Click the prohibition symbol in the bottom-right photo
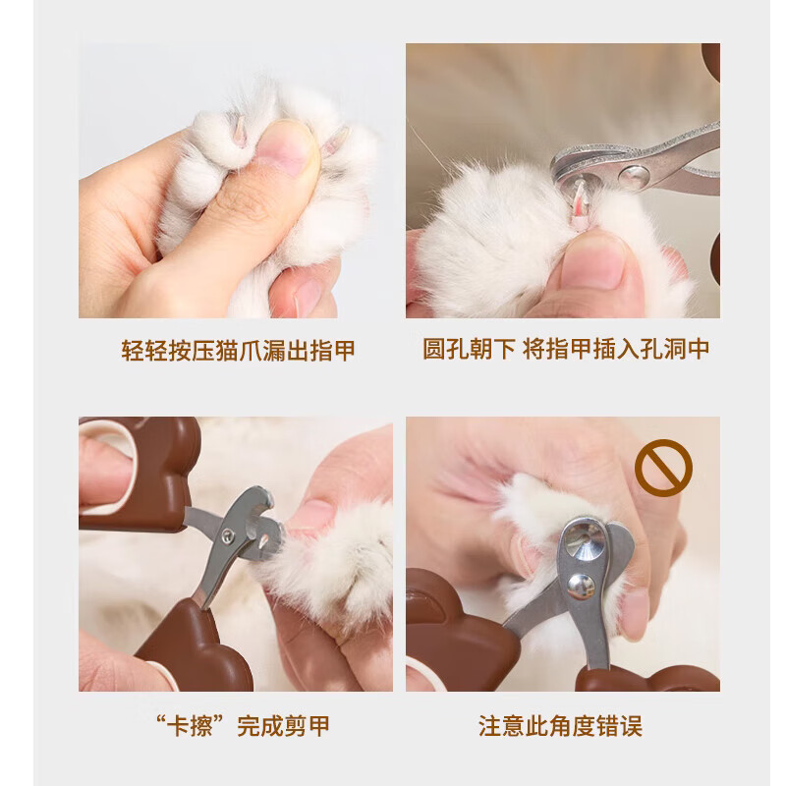pos(663,468)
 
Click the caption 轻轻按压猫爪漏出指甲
pos(238,351)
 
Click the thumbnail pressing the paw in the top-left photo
pos(285,152)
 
